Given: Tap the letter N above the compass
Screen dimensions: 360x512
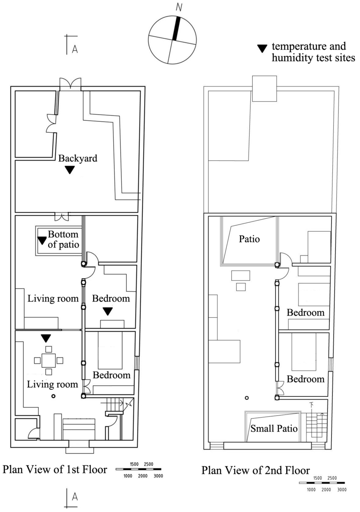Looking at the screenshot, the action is [179, 7].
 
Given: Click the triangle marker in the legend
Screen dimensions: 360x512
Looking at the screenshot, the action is [262, 49].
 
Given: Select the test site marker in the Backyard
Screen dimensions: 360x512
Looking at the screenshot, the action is [70, 170].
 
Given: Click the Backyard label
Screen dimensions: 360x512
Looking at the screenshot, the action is [78, 158].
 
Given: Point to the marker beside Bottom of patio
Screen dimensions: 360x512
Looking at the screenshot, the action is [42, 240].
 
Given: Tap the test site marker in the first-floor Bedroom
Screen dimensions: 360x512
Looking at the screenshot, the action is [108, 311].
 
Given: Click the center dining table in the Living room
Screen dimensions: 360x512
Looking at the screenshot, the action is [49, 360].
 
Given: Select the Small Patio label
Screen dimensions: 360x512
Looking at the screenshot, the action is [274, 429].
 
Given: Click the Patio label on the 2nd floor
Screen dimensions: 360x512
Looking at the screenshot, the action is [249, 239].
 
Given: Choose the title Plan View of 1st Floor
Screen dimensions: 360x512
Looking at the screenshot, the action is [55, 469].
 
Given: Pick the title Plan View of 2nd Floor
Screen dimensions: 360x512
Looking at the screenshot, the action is [256, 470].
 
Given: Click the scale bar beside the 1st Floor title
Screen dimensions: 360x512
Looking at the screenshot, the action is [139, 469].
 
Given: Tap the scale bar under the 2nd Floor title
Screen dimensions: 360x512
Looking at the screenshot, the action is [322, 483].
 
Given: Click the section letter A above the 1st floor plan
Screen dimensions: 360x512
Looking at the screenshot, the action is [75, 49].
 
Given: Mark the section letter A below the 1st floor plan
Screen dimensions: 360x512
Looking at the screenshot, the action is [75, 497].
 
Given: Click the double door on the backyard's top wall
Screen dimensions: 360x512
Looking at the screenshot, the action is [70, 84].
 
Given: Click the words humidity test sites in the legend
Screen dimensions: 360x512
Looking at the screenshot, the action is [313, 58].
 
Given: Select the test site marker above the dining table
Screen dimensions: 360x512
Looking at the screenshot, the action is [46, 338].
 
